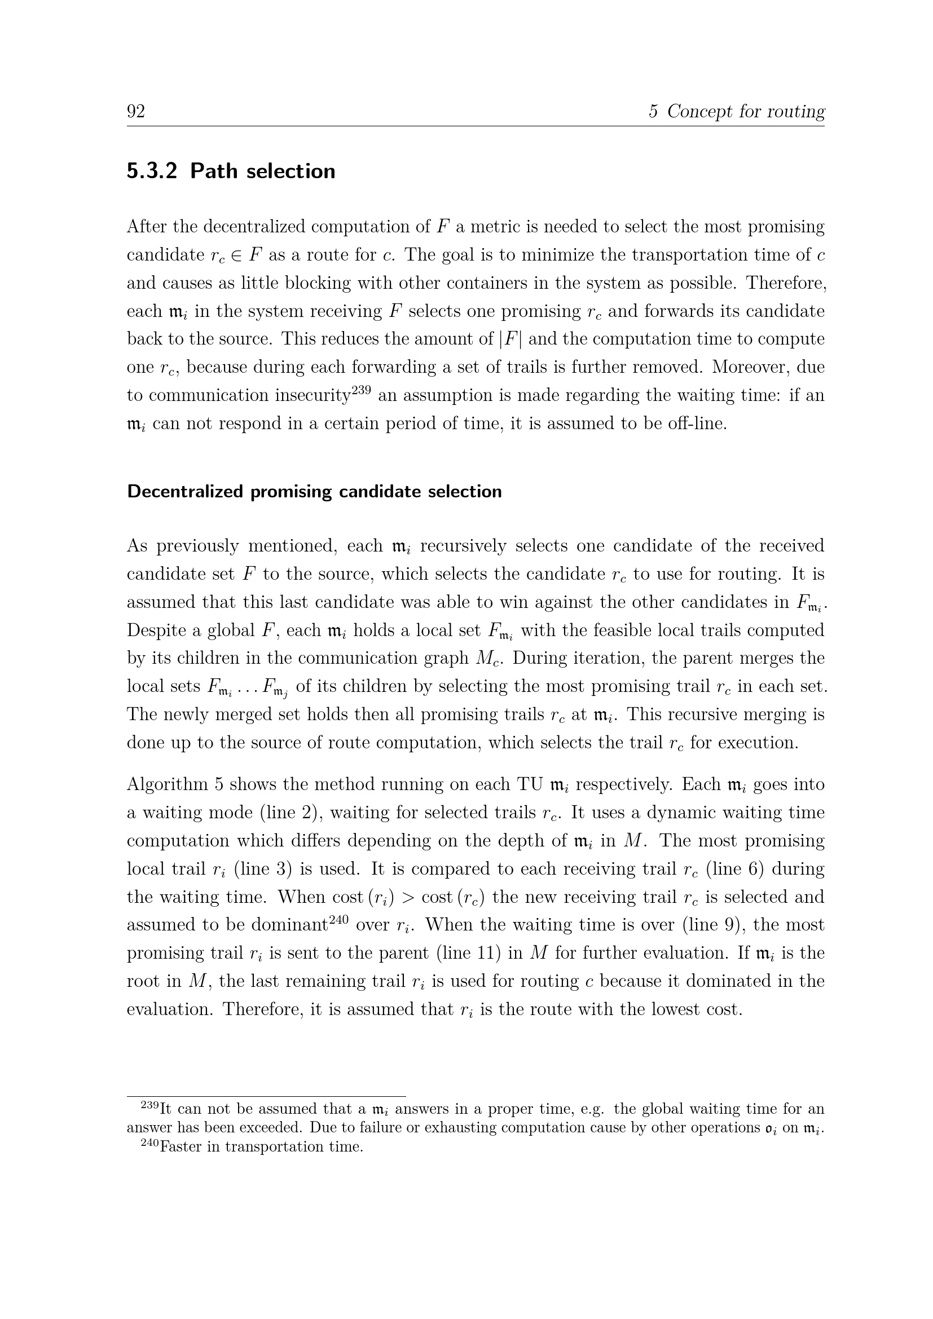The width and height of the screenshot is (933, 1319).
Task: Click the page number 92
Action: click(135, 112)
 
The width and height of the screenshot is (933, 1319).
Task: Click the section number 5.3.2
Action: click(152, 171)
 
